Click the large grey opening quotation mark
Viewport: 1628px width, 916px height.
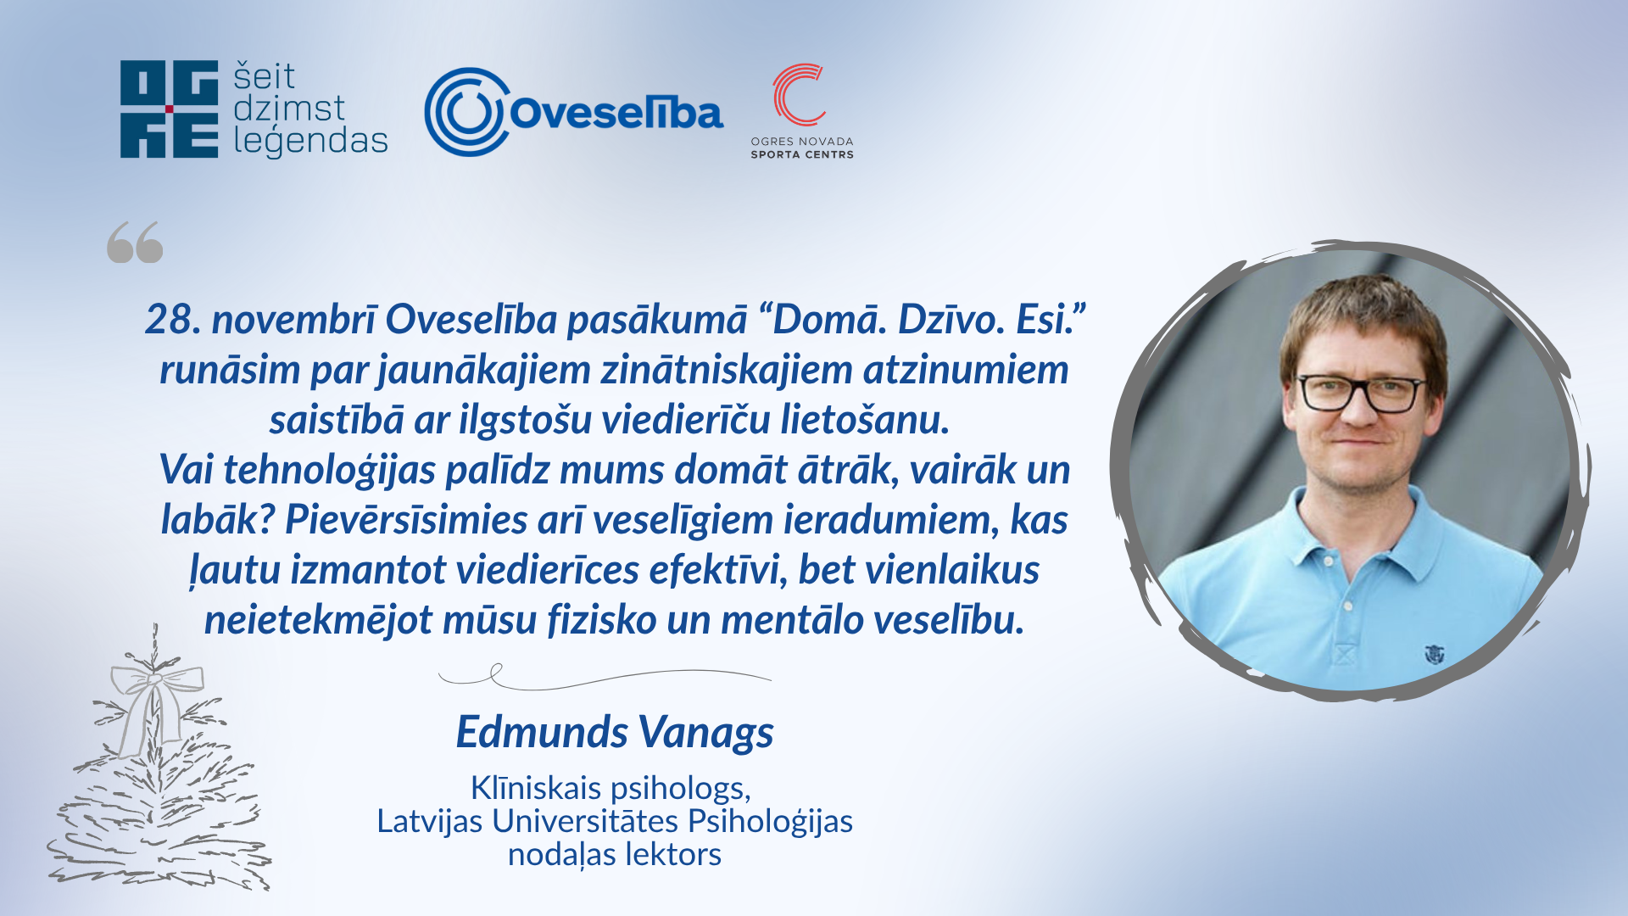pyautogui.click(x=135, y=243)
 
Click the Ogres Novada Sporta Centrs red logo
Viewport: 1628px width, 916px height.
pyautogui.click(x=798, y=94)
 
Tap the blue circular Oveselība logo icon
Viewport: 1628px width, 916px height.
pyautogui.click(x=467, y=112)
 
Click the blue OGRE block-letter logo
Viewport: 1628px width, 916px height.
pyautogui.click(x=170, y=109)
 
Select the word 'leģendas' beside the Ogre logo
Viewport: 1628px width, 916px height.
pyautogui.click(x=310, y=141)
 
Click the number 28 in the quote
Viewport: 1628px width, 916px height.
pyautogui.click(x=173, y=320)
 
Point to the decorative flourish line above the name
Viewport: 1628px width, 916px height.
pyautogui.click(x=605, y=677)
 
